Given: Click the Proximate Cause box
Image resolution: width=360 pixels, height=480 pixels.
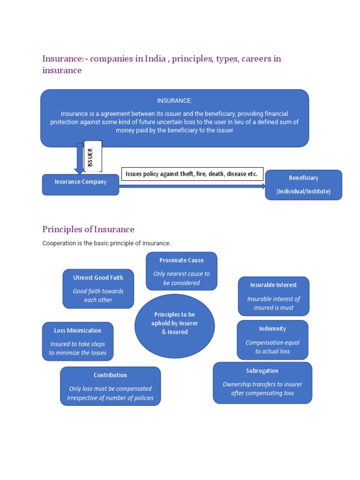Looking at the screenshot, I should click(181, 271).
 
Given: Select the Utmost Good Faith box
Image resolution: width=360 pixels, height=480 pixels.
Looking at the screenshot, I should click(98, 289).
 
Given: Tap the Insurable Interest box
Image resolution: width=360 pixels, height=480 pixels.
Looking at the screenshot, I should click(273, 296).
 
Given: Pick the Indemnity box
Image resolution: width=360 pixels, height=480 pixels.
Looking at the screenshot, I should click(272, 340).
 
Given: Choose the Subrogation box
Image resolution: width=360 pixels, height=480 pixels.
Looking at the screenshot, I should click(262, 382).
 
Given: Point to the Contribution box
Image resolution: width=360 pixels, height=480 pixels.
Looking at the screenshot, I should click(110, 386).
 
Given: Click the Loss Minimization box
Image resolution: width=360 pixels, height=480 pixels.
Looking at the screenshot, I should click(77, 341).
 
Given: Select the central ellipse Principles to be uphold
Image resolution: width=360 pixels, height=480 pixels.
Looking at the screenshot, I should click(174, 325).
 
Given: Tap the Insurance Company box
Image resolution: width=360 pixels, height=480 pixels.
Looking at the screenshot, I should click(80, 184).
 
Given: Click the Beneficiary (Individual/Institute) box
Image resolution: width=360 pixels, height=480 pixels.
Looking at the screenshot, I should click(303, 185).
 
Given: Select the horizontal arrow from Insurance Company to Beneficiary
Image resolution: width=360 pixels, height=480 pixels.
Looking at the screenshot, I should click(192, 186).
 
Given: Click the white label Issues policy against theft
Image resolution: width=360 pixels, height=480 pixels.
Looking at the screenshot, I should click(192, 174).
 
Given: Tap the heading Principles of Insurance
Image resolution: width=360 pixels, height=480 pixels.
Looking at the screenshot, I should click(88, 229).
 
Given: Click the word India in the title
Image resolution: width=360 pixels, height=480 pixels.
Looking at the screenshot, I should click(155, 59).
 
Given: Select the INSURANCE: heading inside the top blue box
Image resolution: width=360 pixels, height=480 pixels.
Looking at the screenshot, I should click(174, 101).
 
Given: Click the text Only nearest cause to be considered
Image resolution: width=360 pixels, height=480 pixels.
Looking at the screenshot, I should click(181, 278).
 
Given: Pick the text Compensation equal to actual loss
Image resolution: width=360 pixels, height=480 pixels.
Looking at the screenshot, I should click(272, 347).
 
